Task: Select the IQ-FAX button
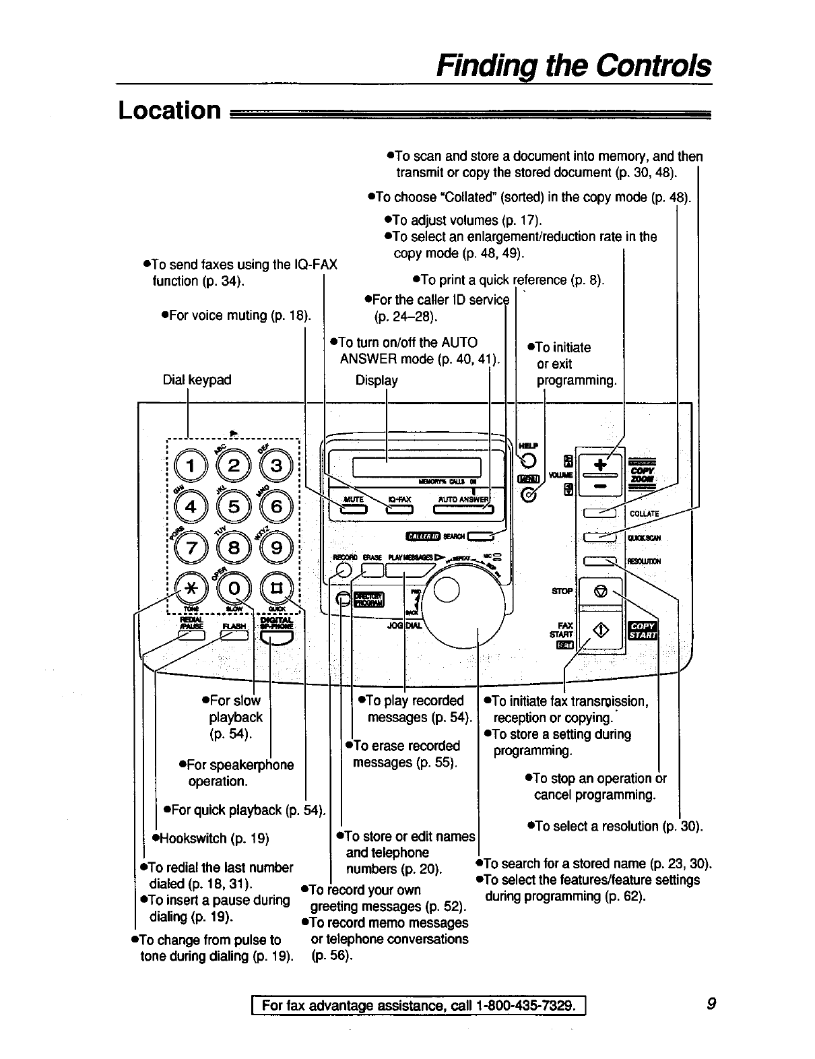[399, 509]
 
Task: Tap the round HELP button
[528, 460]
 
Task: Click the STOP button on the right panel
[601, 591]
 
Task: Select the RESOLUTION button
[599, 560]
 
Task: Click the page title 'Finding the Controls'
[573, 66]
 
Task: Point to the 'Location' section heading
[170, 110]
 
